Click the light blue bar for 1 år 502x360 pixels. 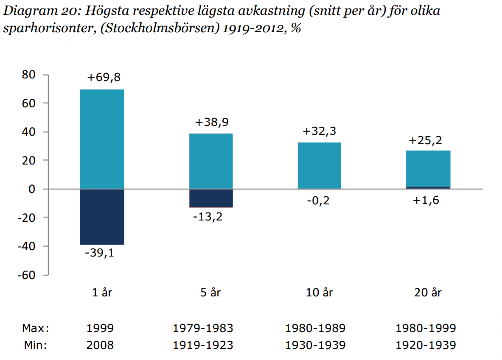coord(102,139)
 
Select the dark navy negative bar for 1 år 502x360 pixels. coord(102,216)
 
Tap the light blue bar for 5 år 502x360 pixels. coord(211,161)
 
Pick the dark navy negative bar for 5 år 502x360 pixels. coord(211,198)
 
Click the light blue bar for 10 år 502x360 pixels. coord(320,165)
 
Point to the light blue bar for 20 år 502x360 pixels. coord(428,169)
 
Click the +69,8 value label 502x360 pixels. coord(104,78)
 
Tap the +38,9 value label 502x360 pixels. coord(212,123)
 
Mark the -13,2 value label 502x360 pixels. coord(208,217)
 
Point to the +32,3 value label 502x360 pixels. coord(320,131)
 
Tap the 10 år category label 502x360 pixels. coord(320,293)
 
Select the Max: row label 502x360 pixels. coord(35,328)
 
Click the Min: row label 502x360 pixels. coord(35,345)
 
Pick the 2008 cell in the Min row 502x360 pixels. coord(100,345)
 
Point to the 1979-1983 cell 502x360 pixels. coord(204,328)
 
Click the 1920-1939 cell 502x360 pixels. coord(426,345)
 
